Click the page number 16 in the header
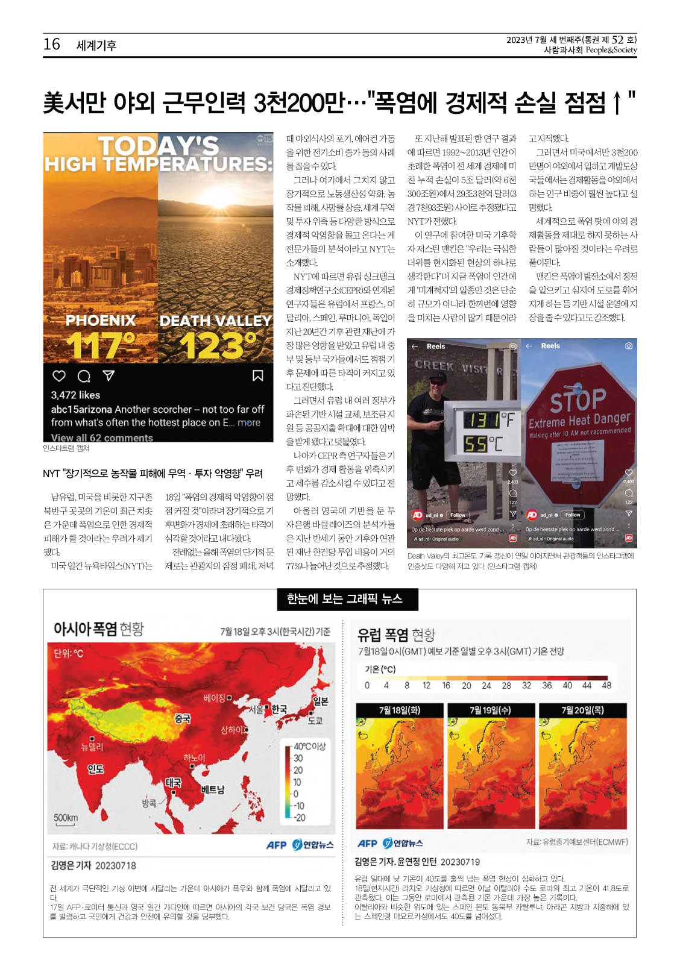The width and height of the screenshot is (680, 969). click(52, 45)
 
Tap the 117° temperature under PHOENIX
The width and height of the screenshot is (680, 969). click(100, 345)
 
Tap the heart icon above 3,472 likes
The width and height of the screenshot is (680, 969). click(59, 376)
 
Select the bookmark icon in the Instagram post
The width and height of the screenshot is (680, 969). click(257, 376)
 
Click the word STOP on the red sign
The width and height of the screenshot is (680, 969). click(578, 399)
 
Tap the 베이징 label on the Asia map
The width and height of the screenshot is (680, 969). click(215, 698)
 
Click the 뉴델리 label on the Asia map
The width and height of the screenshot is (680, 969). click(92, 747)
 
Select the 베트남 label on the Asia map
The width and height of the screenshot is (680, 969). click(213, 789)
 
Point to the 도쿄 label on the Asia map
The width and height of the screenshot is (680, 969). click(315, 720)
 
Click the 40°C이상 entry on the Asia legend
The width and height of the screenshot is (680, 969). click(309, 746)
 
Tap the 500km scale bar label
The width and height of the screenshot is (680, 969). click(66, 818)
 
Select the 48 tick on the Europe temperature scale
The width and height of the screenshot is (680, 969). click(606, 685)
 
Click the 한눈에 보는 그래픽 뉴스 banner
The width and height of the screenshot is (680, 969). click(344, 599)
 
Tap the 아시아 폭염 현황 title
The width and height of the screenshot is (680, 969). click(98, 629)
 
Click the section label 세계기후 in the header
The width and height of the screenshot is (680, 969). click(96, 45)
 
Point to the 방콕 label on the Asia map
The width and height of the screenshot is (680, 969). click(149, 803)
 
